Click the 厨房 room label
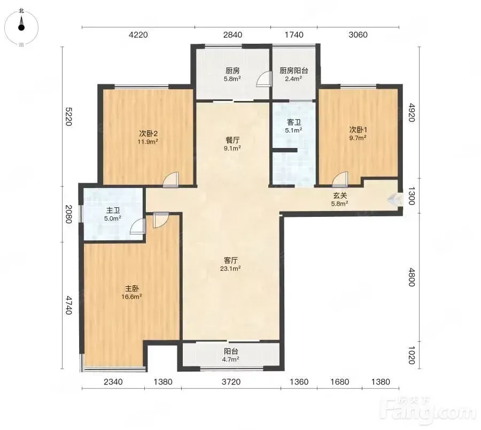(232, 71)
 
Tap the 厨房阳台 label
(293, 71)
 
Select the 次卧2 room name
(149, 134)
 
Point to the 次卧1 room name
(358, 129)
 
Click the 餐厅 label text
(232, 140)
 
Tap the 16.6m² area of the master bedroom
(131, 296)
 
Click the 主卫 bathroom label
(113, 210)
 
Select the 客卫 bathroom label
(293, 122)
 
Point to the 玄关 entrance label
(340, 196)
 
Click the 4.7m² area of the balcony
(231, 359)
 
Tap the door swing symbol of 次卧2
(171, 179)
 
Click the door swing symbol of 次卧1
(340, 179)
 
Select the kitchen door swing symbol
(265, 79)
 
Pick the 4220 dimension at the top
(138, 35)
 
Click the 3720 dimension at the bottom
(231, 382)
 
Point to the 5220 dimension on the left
(68, 116)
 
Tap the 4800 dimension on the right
(412, 277)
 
